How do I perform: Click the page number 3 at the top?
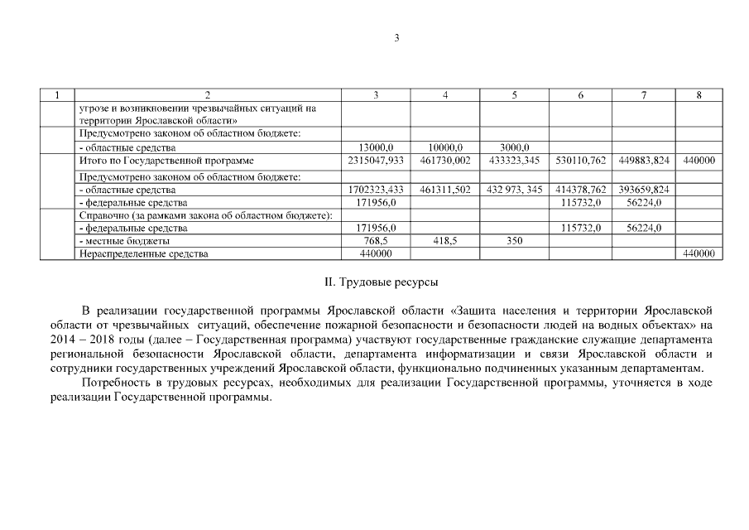click(396, 38)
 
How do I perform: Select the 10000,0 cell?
click(445, 147)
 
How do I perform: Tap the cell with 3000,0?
click(514, 147)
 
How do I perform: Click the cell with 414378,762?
click(580, 190)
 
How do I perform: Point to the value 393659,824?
click(644, 190)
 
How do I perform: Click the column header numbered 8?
click(699, 95)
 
